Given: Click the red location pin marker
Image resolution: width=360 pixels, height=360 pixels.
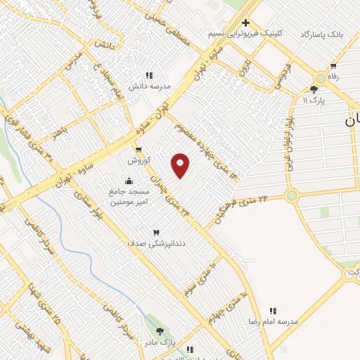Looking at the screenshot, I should coord(181,165).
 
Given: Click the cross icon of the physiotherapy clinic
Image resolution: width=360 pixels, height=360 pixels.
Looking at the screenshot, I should coord(245,22).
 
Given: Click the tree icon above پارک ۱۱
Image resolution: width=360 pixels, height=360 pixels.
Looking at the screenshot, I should coord(314,89).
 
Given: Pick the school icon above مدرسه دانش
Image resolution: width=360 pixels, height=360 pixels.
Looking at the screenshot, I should coord(149,75).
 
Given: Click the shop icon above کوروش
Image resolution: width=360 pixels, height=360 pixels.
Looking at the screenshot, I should coord(138,150).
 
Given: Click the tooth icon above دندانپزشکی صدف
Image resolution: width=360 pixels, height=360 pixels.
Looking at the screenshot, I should coord(156,232).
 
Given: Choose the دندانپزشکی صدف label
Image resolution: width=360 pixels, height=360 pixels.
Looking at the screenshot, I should coord(156,243).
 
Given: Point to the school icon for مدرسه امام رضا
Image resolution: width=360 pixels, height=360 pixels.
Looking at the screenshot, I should coord(274,310).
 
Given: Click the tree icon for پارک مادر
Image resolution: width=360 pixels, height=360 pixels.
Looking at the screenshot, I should coord(160,331).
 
